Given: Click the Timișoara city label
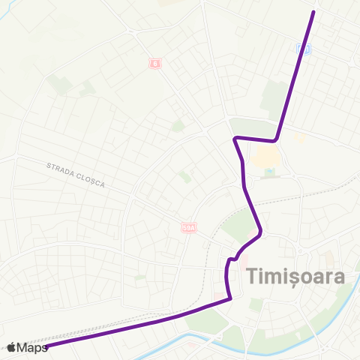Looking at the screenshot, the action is (x=295, y=276).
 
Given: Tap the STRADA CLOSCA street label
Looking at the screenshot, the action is (x=76, y=174).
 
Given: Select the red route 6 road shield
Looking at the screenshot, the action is (x=154, y=63).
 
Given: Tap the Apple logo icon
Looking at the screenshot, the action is (x=11, y=346).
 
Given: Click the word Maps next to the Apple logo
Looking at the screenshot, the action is (x=33, y=346).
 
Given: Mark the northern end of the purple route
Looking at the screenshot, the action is (x=313, y=11).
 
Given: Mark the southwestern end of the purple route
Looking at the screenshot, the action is (x=46, y=346).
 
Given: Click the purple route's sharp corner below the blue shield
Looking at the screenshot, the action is (x=276, y=139).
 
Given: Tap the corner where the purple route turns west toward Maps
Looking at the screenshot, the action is (x=229, y=298).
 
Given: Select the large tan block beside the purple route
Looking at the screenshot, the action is (x=263, y=157).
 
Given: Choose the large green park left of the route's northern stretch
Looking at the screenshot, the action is (x=276, y=97).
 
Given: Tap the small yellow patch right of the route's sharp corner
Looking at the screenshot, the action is (x=298, y=138).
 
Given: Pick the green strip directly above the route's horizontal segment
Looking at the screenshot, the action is (x=253, y=126).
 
